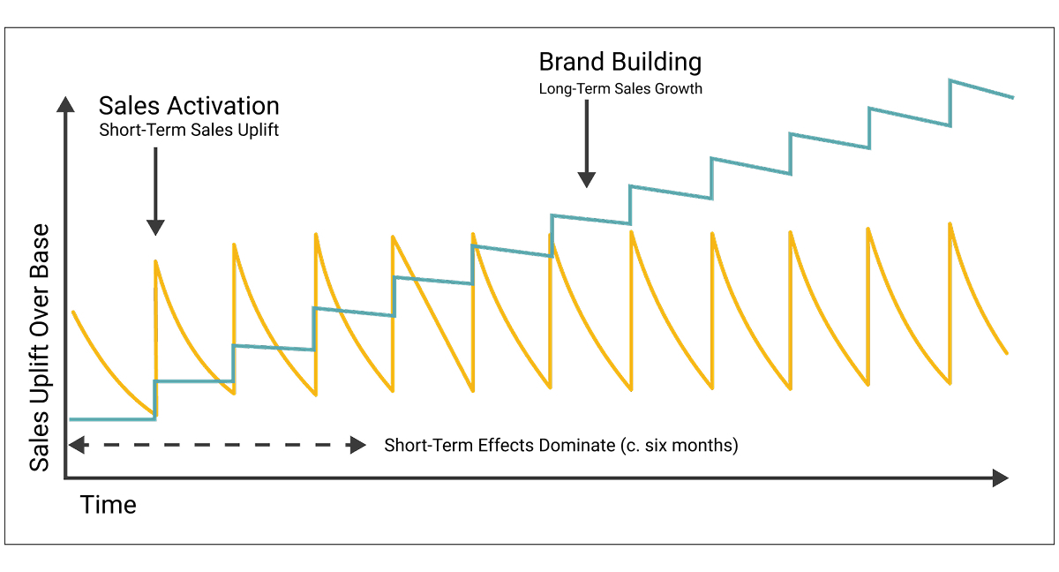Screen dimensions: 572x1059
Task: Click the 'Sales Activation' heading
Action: [189, 106]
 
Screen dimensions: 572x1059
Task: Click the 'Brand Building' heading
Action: [620, 62]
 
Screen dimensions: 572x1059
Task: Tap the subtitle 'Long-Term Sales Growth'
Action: [620, 88]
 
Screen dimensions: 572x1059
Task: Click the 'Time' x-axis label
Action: [109, 506]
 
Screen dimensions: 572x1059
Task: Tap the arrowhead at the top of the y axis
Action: [65, 104]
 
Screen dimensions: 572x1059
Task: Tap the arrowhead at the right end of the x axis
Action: [1000, 478]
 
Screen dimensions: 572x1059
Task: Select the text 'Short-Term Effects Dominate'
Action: [503, 445]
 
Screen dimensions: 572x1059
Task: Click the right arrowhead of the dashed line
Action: [357, 445]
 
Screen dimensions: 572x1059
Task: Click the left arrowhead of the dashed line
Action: [76, 445]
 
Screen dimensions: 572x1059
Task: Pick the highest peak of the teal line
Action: [950, 80]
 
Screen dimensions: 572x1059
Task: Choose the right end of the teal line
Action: [1012, 97]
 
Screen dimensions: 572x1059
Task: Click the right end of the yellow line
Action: [1007, 353]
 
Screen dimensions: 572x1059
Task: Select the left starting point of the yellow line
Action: [73, 312]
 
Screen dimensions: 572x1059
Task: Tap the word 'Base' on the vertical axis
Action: [41, 252]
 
